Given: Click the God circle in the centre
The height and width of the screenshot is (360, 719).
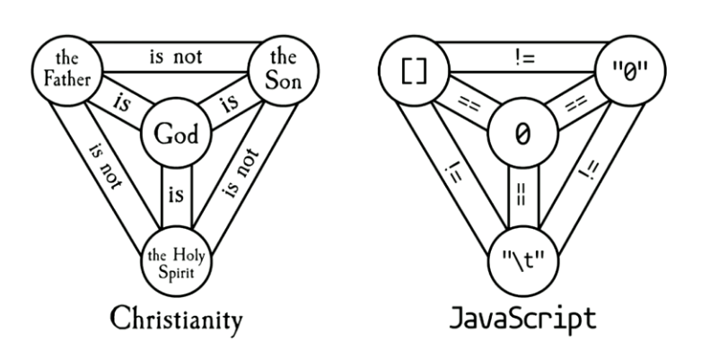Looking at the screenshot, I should (x=175, y=136).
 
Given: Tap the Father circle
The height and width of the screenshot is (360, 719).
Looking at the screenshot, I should (x=66, y=71).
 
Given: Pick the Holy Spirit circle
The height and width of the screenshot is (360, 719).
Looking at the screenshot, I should (x=175, y=259).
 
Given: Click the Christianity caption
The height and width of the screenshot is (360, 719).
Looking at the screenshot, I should (x=175, y=320).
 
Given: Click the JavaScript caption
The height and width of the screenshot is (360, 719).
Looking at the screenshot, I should (x=522, y=320).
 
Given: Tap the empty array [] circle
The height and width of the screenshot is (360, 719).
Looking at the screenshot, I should (x=413, y=71).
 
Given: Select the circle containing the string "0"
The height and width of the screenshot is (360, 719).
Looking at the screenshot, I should (x=631, y=71).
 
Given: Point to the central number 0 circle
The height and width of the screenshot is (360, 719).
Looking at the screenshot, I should (x=522, y=136).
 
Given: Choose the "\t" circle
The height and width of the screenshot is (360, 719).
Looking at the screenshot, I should (x=522, y=259).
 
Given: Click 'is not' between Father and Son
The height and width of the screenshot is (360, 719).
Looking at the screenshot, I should (x=175, y=58).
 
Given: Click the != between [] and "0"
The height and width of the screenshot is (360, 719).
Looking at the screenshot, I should (x=522, y=58).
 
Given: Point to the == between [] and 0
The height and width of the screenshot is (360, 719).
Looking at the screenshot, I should (x=466, y=104).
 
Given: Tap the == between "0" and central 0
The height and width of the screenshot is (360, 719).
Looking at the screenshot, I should (x=578, y=104).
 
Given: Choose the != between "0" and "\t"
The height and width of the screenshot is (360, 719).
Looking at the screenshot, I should (x=591, y=167).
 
